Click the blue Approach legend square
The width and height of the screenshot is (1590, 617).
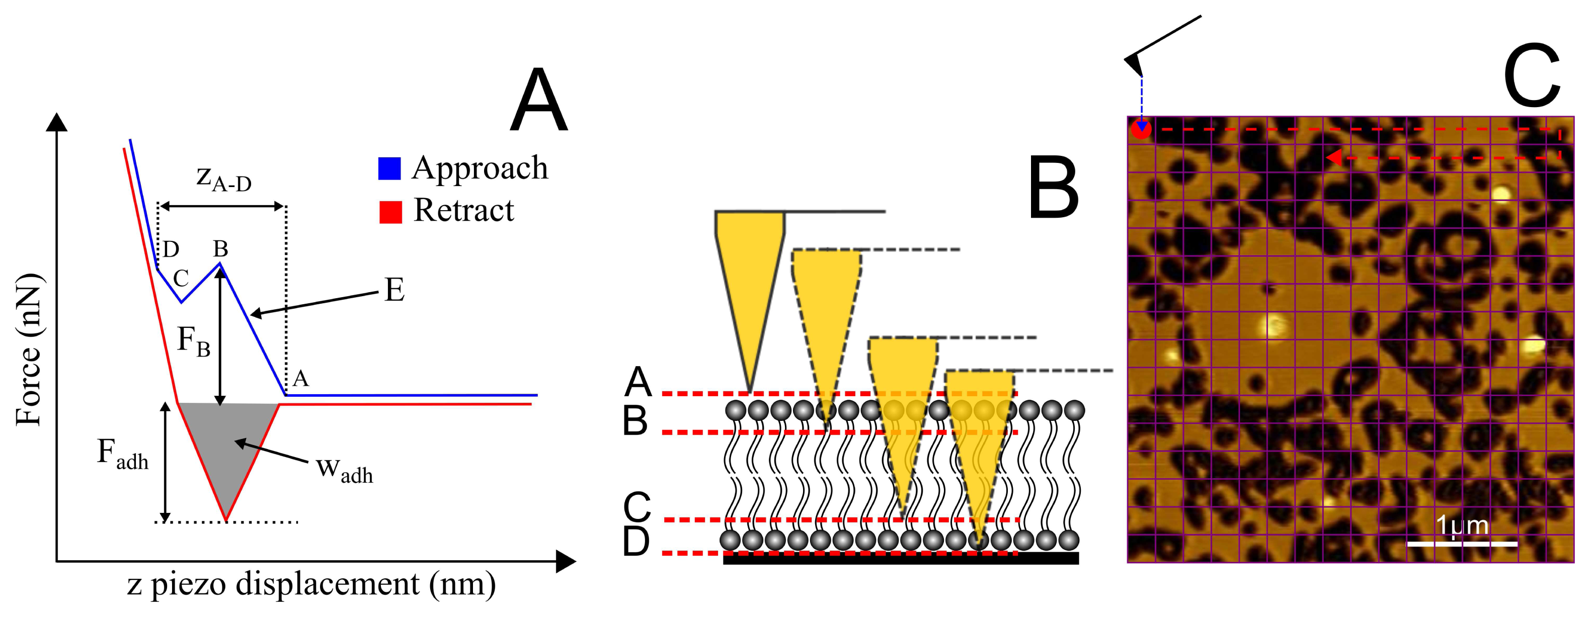point(389,168)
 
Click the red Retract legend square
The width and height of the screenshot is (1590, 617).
point(390,212)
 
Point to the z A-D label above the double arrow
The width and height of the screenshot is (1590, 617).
point(223,179)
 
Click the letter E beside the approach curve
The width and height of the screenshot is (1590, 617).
point(394,290)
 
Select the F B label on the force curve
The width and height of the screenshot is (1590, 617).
point(193,341)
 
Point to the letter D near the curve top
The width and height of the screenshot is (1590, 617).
point(171,249)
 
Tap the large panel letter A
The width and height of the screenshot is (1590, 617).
point(538,102)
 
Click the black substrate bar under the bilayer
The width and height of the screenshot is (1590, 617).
point(901,558)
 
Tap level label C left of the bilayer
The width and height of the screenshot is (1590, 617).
point(637,507)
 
